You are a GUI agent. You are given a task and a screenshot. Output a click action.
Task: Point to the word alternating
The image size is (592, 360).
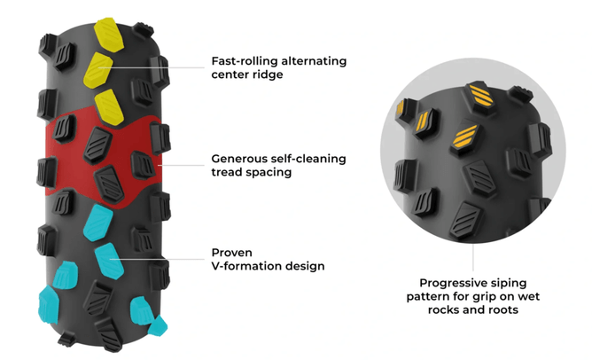click(313, 61)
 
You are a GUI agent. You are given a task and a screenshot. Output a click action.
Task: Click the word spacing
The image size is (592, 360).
click(269, 173)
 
